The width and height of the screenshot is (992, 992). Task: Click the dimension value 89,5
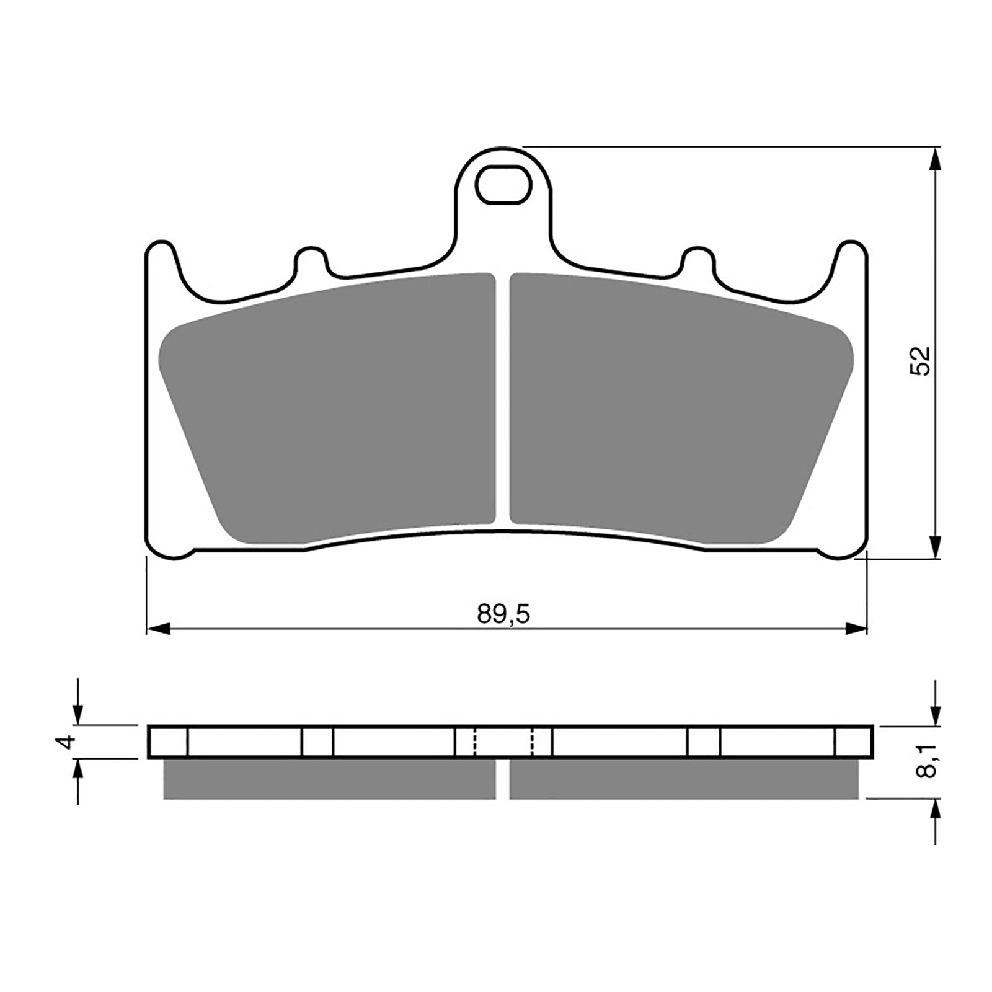pos(503,614)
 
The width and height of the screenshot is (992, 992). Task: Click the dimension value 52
pos(920,360)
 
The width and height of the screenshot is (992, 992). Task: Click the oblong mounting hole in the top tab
pos(503,184)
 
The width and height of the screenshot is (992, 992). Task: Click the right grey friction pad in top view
pos(676,409)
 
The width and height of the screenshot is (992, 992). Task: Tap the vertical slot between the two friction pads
pos(502,397)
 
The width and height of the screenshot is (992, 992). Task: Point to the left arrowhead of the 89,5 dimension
pos(159,629)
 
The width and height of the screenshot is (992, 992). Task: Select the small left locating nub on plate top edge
pos(309,259)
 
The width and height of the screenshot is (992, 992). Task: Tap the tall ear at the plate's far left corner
pos(160,260)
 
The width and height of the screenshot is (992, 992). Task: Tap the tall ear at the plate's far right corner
pos(851,260)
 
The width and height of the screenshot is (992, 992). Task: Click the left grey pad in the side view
pos(329,779)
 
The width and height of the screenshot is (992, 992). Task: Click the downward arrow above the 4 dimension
pos(77,713)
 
